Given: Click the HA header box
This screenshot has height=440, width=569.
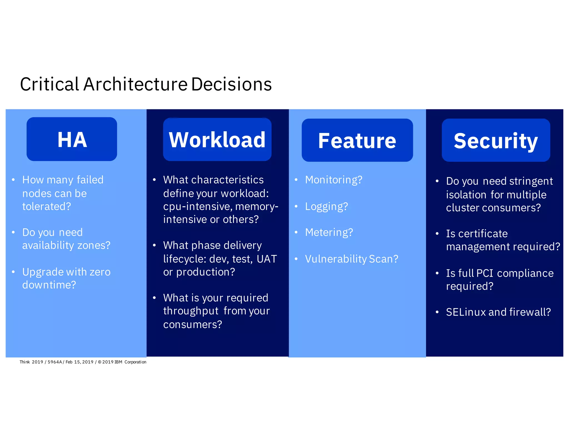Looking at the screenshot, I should (72, 139).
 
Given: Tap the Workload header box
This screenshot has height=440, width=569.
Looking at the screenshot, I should (217, 139).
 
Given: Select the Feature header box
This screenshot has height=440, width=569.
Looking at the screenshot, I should (357, 140).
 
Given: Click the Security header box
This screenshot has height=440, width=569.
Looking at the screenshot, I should (496, 140).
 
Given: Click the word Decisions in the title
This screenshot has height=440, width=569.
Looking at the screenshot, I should (231, 84).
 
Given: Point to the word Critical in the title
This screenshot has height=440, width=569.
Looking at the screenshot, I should (49, 84).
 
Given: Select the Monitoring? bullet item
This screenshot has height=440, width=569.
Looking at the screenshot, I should (333, 180).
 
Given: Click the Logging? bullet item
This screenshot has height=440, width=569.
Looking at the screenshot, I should (326, 207).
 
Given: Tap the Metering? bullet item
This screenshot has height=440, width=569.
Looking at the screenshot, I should (329, 233).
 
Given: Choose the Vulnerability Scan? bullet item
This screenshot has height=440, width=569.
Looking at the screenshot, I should (351, 259).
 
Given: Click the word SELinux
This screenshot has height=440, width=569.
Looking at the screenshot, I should (466, 312).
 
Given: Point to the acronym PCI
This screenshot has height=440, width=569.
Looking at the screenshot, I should (485, 273).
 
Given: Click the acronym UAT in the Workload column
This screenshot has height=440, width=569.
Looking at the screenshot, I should (266, 259).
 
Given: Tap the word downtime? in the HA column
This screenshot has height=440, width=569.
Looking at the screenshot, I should (49, 285).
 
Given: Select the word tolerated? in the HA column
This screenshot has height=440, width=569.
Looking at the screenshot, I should (46, 206).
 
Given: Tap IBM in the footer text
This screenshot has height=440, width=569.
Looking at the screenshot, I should (118, 362).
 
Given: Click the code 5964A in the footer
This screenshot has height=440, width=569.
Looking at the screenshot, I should (55, 362).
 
